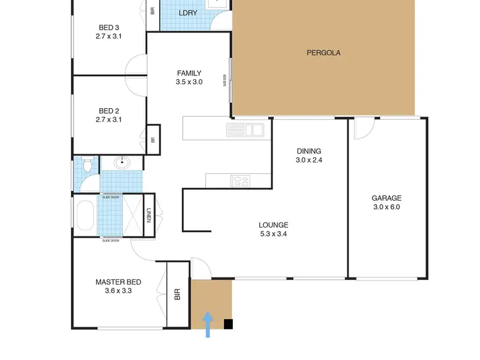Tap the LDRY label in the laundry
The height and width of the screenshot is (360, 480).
(x=188, y=13)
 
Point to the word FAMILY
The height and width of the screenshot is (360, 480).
(x=189, y=73)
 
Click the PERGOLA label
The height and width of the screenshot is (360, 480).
(x=323, y=53)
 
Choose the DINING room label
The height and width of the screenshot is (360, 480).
(x=308, y=152)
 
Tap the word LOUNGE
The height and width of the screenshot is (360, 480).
(x=273, y=225)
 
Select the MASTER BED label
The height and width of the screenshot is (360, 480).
(x=118, y=282)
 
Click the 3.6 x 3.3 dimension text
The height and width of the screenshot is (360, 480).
(x=118, y=291)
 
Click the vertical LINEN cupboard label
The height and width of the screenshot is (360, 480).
(x=148, y=217)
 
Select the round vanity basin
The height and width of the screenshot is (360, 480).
(x=122, y=163)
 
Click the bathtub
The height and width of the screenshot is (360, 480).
(x=84, y=216)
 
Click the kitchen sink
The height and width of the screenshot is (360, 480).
(x=244, y=130)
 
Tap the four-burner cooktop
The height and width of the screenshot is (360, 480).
(x=241, y=181)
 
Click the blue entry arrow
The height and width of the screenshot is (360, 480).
(x=208, y=324)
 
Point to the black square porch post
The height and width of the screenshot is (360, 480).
(x=228, y=324)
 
